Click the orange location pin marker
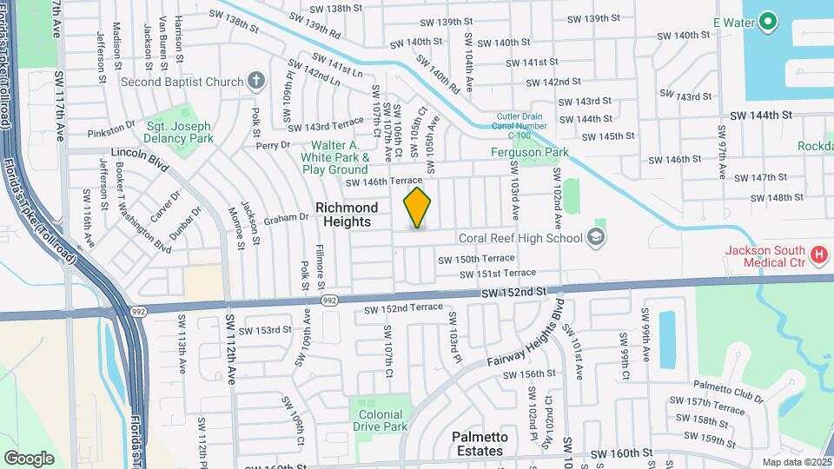[418, 208]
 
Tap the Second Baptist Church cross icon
[255, 82]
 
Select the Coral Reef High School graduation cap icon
[595, 238]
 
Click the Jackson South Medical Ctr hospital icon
[817, 255]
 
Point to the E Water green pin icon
[768, 22]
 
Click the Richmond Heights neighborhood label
[347, 215]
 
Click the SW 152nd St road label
[516, 293]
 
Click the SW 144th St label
[761, 115]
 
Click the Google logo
[29, 458]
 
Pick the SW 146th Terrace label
[383, 182]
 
